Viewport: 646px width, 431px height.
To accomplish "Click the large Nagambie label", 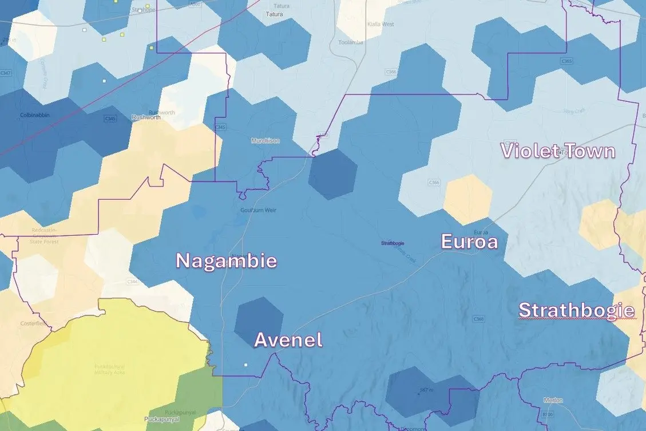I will click(226, 261).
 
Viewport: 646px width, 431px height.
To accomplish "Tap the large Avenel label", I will click(288, 340).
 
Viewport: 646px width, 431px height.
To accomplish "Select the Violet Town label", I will click(558, 151).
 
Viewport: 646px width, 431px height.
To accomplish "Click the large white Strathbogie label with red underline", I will click(576, 310).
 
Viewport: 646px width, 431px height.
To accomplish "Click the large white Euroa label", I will click(469, 242).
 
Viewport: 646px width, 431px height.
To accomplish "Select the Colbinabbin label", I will click(34, 114).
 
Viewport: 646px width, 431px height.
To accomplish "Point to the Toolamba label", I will click(351, 42).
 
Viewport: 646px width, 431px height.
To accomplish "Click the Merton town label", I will click(553, 400).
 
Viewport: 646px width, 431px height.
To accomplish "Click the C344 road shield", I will click(132, 282).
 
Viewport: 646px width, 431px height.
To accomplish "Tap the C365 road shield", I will click(566, 61).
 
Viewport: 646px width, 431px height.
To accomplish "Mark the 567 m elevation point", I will click(424, 390).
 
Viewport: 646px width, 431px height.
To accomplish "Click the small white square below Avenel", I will click(246, 365).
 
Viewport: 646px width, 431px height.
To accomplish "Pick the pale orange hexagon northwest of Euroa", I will click(467, 199).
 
